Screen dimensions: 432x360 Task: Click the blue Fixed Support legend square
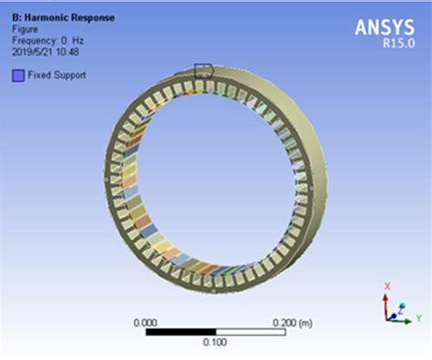click(x=16, y=76)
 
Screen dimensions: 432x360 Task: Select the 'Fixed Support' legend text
click(x=57, y=76)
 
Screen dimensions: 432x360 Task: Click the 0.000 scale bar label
click(x=145, y=322)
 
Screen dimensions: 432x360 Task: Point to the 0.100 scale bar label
click(x=215, y=343)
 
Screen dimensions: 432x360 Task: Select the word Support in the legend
click(x=69, y=76)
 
